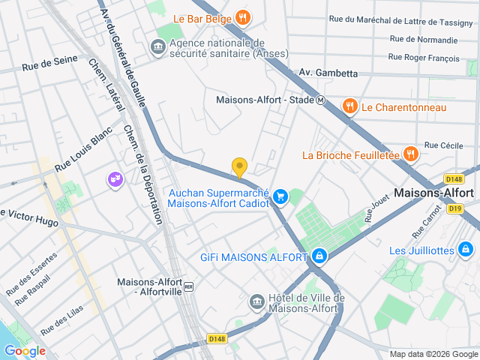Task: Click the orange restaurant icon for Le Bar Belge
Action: point(242,17)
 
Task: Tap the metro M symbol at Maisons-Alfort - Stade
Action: point(320,100)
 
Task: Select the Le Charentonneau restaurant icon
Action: point(349,107)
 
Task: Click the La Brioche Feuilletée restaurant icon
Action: point(410,154)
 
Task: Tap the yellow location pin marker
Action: point(239,168)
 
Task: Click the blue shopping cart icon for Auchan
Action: point(280,196)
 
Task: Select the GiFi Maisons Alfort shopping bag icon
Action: point(320,256)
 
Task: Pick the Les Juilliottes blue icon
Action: point(466,249)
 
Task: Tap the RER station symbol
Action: point(189,286)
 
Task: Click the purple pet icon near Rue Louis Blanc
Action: point(115,180)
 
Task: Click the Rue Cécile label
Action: point(444,145)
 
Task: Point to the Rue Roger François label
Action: point(424,56)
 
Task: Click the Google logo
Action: point(25,351)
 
